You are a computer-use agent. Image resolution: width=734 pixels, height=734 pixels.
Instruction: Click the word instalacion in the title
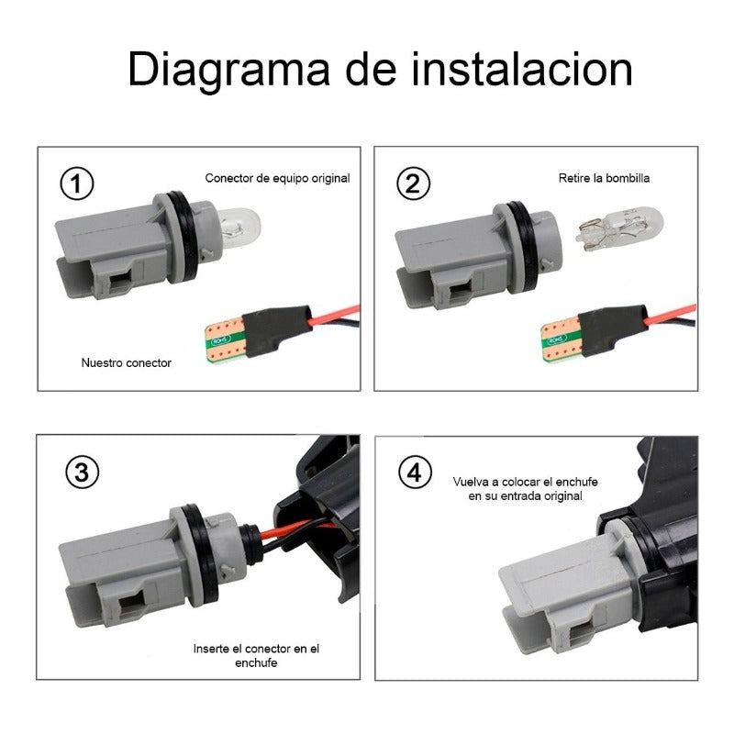click(522, 69)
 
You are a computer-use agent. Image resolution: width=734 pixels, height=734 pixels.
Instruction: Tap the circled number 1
click(77, 183)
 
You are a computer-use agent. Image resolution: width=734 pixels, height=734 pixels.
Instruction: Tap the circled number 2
click(414, 183)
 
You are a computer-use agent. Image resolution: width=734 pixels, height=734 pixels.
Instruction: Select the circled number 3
click(83, 472)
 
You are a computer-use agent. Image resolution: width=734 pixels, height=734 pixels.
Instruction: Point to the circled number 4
click(415, 472)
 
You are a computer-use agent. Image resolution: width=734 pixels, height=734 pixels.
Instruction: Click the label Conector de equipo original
click(277, 178)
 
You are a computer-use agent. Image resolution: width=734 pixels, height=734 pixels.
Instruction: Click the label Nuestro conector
click(127, 362)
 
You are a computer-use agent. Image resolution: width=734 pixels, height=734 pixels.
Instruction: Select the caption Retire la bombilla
click(604, 178)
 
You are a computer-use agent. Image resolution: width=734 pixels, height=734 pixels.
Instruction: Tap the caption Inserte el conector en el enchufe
click(256, 655)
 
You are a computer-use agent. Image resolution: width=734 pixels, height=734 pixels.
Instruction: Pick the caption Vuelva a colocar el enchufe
click(525, 482)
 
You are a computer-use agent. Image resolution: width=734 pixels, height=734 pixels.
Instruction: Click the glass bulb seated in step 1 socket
click(239, 228)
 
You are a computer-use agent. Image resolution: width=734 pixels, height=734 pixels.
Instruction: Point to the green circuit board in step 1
click(226, 339)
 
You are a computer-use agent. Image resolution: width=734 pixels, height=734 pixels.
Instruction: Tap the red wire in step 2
click(670, 315)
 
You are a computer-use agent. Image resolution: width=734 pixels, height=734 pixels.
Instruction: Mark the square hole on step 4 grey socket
click(583, 634)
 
